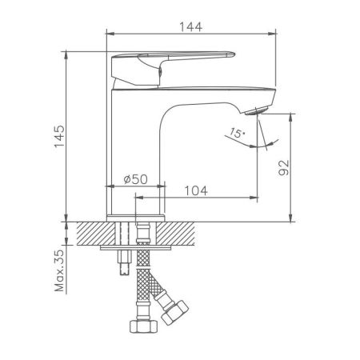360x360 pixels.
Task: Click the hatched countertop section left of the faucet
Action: [92, 233]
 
